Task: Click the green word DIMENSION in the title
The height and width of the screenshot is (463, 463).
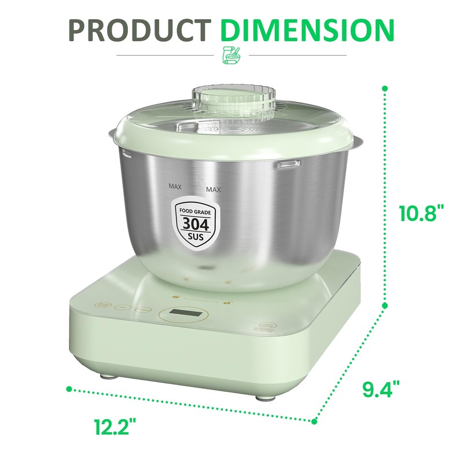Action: [x=308, y=31]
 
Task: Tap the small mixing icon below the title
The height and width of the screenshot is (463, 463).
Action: [x=231, y=55]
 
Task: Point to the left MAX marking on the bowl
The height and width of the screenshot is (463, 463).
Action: [x=175, y=186]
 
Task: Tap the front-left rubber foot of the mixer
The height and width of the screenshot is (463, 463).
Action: [x=106, y=376]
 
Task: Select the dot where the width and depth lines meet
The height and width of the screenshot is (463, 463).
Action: [x=316, y=421]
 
